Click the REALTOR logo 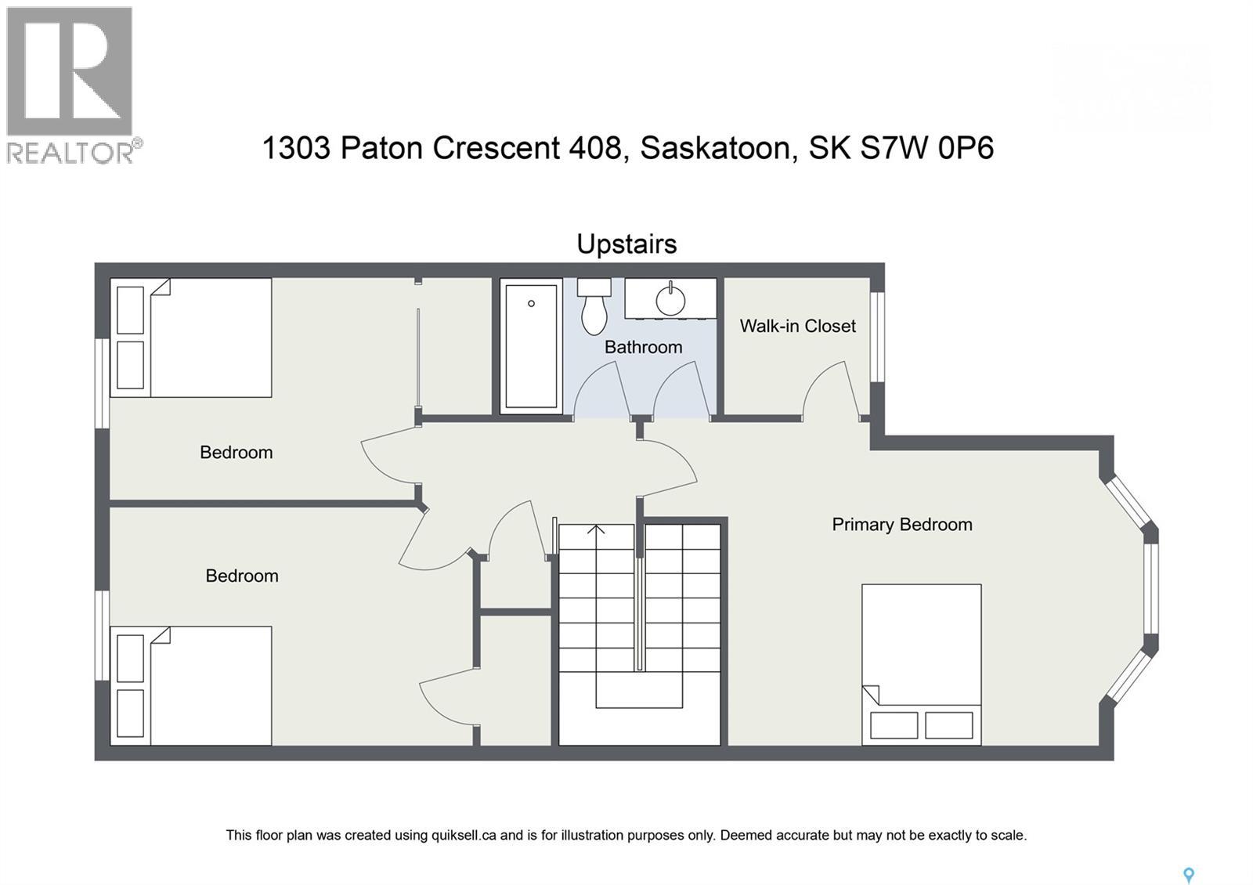[x=72, y=84]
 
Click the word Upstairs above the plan [x=626, y=244]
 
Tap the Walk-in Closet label [x=797, y=326]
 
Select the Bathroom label [x=643, y=347]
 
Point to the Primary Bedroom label [x=901, y=525]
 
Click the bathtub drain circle [x=531, y=304]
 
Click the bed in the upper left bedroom [x=191, y=338]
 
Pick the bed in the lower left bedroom [x=191, y=685]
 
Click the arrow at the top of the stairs [x=596, y=530]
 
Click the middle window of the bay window [x=1150, y=588]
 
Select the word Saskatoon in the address [x=713, y=148]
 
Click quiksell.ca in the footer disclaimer [x=464, y=836]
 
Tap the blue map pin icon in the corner [x=1188, y=875]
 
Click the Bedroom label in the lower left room [x=241, y=576]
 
